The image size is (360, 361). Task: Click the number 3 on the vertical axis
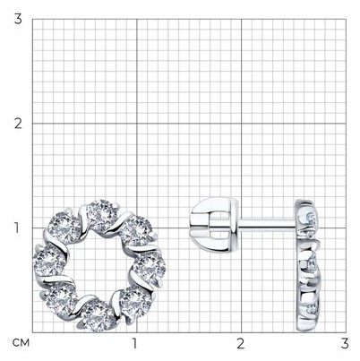coord(18,20)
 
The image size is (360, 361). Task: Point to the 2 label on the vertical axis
coord(18,124)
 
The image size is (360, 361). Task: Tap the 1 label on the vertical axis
coord(18,228)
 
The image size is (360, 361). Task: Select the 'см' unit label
coord(21,343)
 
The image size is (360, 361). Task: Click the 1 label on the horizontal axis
coord(134,343)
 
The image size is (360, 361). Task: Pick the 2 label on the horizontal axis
coord(241,343)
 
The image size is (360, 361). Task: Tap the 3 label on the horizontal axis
coord(345,343)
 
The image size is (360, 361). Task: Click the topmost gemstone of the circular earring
coord(101,214)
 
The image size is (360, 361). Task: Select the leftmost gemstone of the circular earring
coord(49,262)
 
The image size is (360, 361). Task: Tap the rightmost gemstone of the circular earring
coord(150,267)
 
